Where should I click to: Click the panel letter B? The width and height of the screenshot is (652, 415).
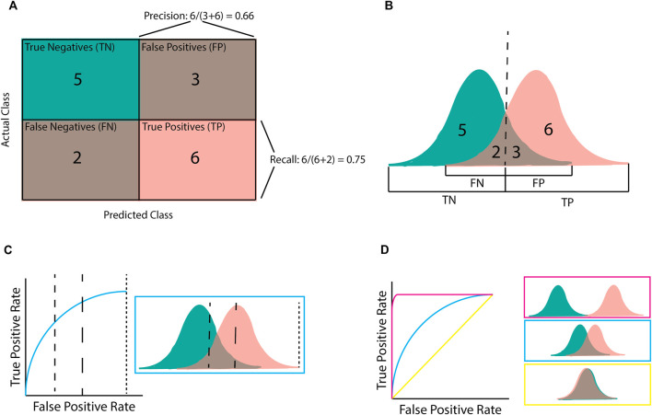tap(378, 8)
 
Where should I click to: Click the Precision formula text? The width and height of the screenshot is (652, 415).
tap(197, 16)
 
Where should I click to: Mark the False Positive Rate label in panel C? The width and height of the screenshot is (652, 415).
tap(80, 403)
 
